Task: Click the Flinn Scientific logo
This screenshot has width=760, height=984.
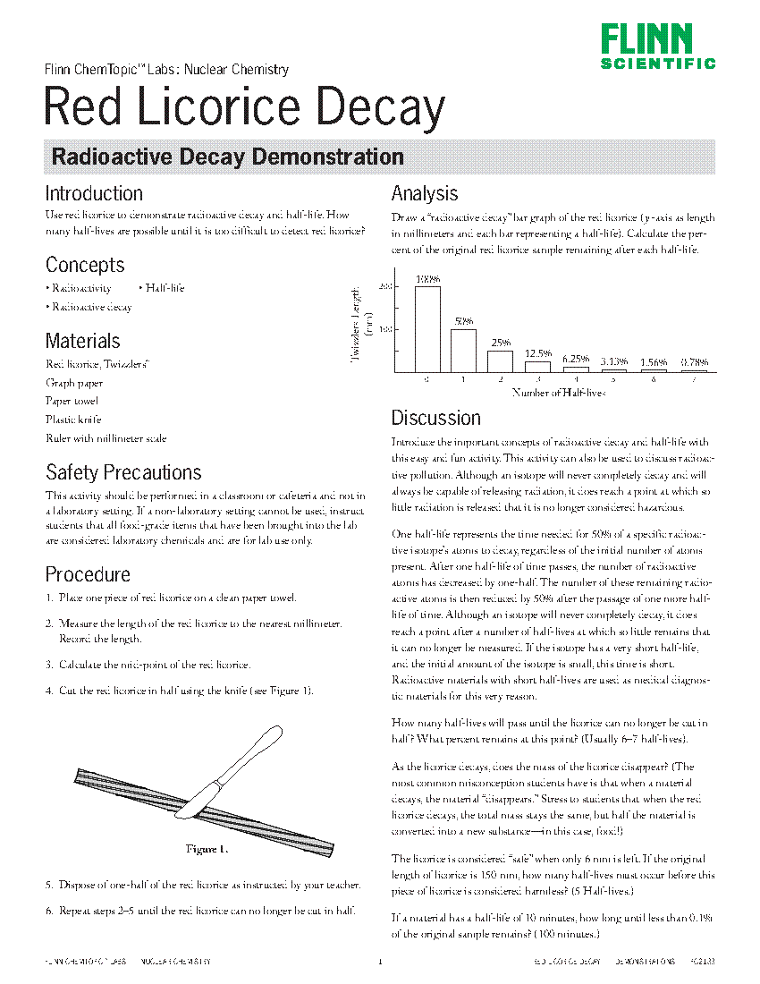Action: pos(657,47)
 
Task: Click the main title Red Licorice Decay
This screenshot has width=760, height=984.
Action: pos(244,109)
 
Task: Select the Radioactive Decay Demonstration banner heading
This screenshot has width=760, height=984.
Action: pos(228,157)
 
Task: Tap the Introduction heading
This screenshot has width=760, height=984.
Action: pos(94,194)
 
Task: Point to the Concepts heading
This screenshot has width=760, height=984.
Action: pos(85,265)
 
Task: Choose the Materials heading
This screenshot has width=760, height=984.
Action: pos(82,341)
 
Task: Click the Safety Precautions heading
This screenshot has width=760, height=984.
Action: pos(123,472)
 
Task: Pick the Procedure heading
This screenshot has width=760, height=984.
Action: pos(88,574)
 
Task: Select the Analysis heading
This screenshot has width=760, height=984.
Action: pos(425,193)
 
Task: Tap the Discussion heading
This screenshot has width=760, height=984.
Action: pos(435,418)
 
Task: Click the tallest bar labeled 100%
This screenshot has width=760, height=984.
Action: pos(427,328)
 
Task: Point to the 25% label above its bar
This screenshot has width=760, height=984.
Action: pos(501,342)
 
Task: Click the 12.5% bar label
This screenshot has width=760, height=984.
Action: pos(537,353)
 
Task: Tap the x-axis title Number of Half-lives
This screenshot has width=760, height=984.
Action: pos(559,393)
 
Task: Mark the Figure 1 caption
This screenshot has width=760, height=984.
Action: pos(207,848)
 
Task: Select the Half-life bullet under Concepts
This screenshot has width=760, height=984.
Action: pos(162,288)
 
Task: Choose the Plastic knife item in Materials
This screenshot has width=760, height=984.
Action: pos(73,420)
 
